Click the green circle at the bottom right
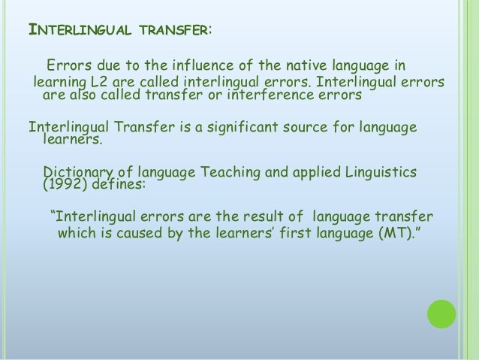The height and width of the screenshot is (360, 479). [441, 315]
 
